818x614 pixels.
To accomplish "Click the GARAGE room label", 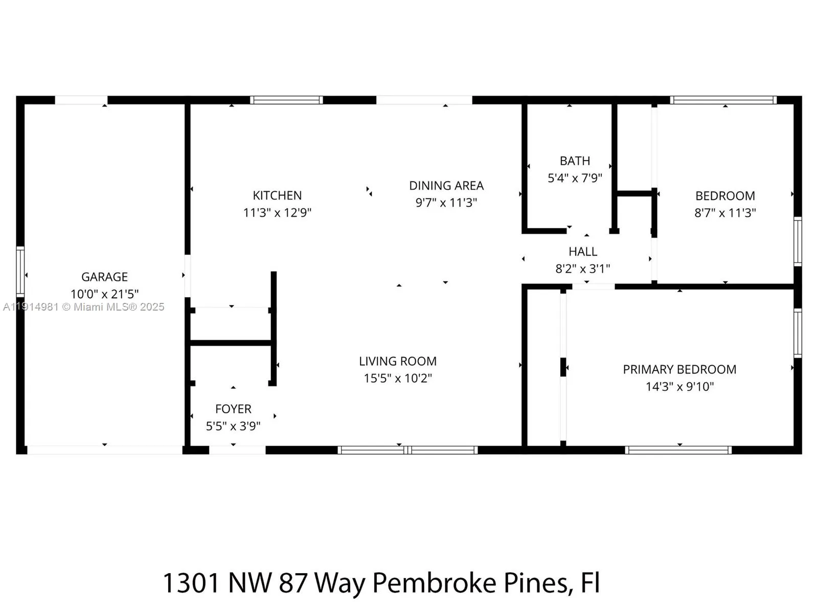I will coord(104,277).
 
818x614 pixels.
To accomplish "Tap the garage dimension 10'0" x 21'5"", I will coord(104,294).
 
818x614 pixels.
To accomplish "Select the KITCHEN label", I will coord(277,195).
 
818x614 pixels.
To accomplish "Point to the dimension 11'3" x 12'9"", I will coord(277,212).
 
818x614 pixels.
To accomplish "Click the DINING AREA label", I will coord(446,186).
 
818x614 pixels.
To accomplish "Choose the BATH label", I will coord(575,161).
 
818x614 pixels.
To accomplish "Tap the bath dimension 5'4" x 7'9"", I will coord(575,178).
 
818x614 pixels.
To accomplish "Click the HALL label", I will coord(583,252).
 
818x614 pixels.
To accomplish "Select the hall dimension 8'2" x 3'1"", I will coord(583,269).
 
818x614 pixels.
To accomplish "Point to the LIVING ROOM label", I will coord(398,361).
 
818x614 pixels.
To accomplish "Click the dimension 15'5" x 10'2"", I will coord(398,379).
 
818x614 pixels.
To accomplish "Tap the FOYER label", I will coord(233,409).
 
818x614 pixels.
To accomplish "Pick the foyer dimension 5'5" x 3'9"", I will coord(233,426).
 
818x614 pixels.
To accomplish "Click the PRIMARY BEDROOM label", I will coord(679,369).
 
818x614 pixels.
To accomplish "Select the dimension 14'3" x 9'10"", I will coord(679,387).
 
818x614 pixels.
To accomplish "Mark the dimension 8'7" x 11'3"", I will coord(725,213).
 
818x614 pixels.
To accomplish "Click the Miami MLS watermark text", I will coord(84,307).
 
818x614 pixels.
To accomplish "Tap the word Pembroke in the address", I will coord(434,583).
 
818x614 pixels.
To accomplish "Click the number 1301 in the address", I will coord(191,583).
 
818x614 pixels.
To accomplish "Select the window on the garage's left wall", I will coord(20,272).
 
